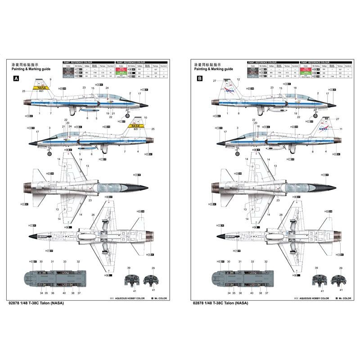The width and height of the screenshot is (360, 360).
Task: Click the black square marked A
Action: click(17, 78)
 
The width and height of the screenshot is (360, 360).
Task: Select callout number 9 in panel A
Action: click(51, 80)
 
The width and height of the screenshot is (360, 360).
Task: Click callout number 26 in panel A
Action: click(93, 215)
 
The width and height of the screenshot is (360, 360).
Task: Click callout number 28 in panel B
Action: click(281, 215)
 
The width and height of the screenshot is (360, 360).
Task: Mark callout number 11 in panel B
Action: click(341, 129)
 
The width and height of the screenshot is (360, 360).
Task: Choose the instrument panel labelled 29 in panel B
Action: click(337, 280)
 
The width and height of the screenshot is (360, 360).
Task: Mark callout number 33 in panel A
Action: click(65, 261)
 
